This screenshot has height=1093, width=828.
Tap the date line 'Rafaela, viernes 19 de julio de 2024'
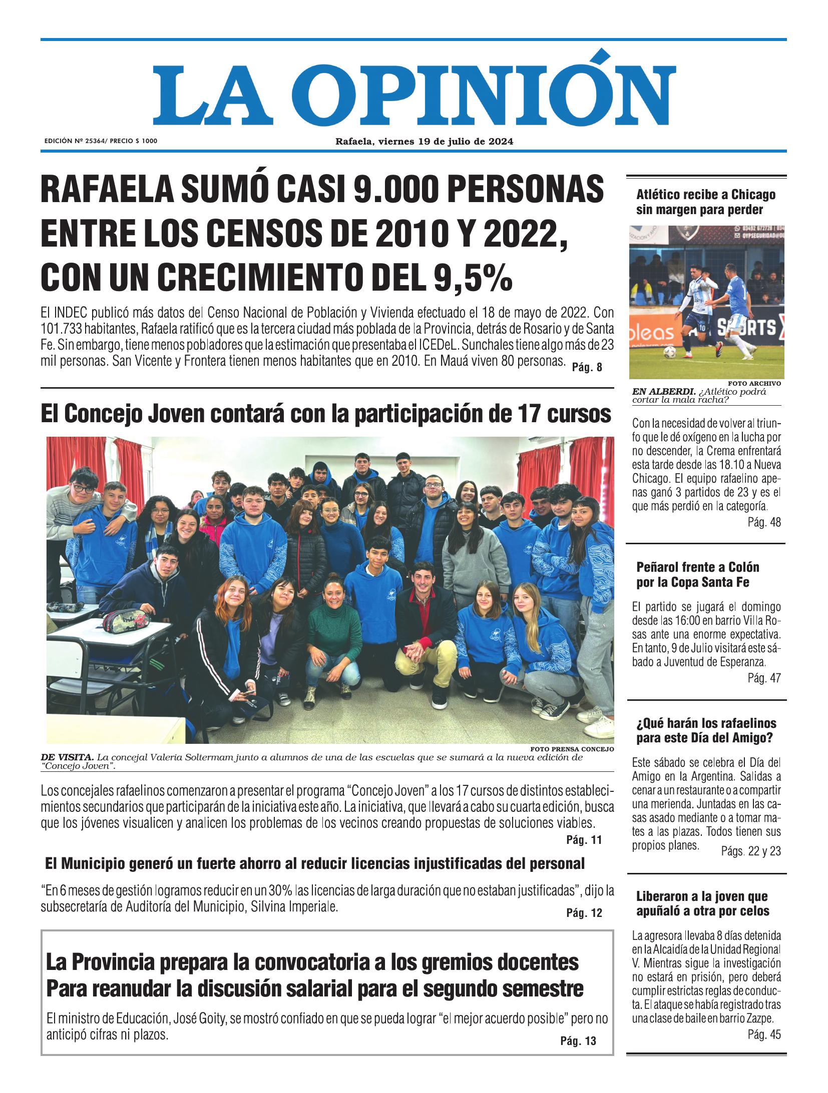coord(424,142)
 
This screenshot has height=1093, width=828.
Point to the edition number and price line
coord(101,142)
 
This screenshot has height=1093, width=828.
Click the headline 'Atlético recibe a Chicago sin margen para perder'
coord(705,202)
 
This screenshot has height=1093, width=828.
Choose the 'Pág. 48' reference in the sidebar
coord(763,523)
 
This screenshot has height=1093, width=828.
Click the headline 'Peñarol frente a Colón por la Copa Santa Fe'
coord(698,575)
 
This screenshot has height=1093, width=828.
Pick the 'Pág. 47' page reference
coord(763,678)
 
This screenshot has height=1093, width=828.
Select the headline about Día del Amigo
coord(706,730)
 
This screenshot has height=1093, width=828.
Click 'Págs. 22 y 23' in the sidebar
coord(750,851)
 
